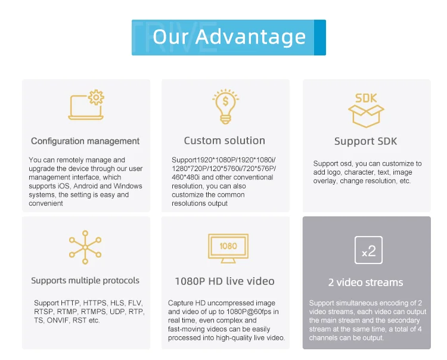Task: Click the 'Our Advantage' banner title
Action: (x=229, y=37)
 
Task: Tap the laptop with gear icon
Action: (x=86, y=105)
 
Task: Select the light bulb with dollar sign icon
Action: (x=225, y=106)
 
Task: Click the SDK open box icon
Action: (x=366, y=110)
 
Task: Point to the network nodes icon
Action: (x=85, y=247)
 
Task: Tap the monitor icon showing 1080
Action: (x=228, y=249)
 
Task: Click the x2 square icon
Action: (x=368, y=250)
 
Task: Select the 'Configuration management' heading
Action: (x=85, y=141)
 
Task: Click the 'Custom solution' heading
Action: (x=224, y=141)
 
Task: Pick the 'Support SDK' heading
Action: (x=365, y=141)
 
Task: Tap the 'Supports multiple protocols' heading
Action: (x=85, y=281)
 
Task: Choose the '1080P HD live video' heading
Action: (x=225, y=281)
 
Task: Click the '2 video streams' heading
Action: (x=365, y=283)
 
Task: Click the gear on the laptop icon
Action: (x=96, y=98)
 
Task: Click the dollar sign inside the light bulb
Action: (x=225, y=101)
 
